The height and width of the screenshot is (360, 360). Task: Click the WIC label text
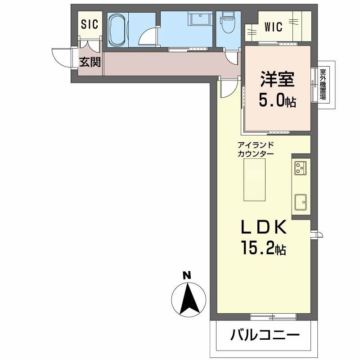271,27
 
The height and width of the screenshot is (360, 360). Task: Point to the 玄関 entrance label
90,62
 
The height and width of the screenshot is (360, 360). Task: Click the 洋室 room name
277,80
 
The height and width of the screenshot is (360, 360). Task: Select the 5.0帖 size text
277,101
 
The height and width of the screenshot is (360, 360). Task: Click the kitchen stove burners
301,168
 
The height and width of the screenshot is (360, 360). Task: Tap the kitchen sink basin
301,202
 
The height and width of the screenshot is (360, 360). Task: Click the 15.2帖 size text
264,249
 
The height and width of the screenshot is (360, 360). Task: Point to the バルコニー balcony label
265,335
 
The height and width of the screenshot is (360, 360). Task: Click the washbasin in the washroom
198,21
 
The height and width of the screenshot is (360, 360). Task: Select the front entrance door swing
62,56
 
